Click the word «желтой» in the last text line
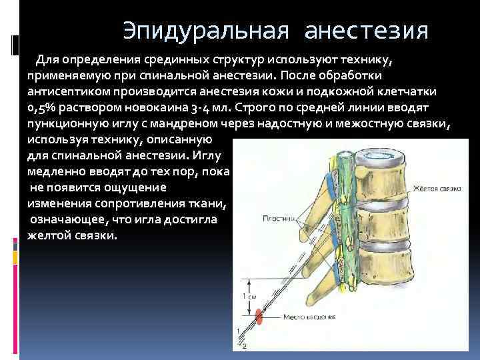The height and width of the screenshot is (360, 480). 50,236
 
